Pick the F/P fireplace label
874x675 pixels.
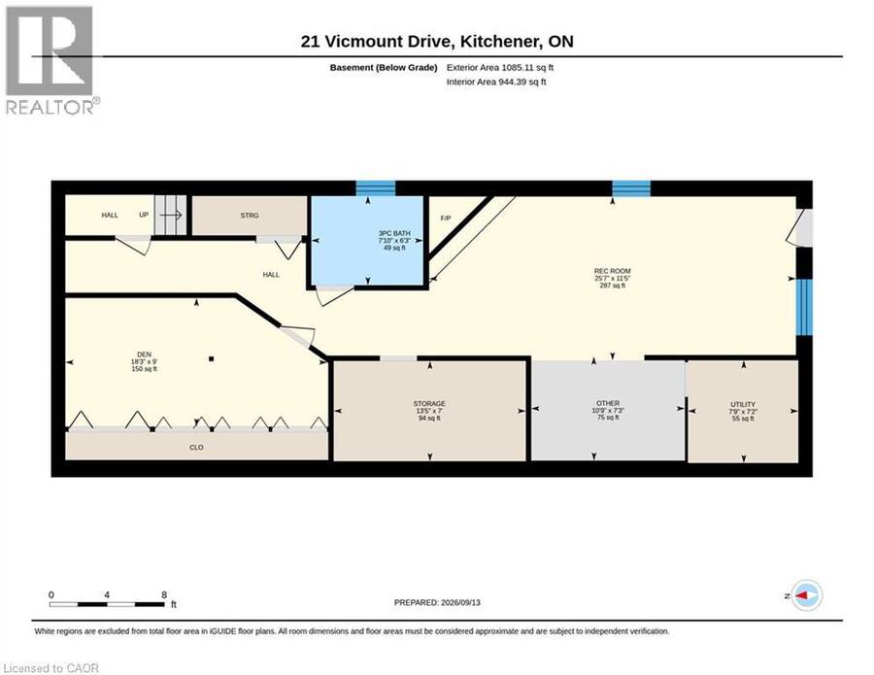click(446, 218)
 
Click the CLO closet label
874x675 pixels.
click(196, 447)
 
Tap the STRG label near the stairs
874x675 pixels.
click(250, 216)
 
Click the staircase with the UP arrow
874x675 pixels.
click(171, 215)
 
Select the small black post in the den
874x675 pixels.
click(212, 359)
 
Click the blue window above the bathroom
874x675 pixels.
click(376, 188)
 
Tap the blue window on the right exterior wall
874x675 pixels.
click(804, 307)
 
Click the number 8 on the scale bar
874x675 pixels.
click(164, 594)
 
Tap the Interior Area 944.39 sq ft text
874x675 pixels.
click(496, 82)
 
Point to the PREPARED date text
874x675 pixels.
click(437, 602)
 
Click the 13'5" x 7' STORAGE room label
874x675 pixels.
click(429, 411)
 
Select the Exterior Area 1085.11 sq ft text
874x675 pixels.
click(500, 67)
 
